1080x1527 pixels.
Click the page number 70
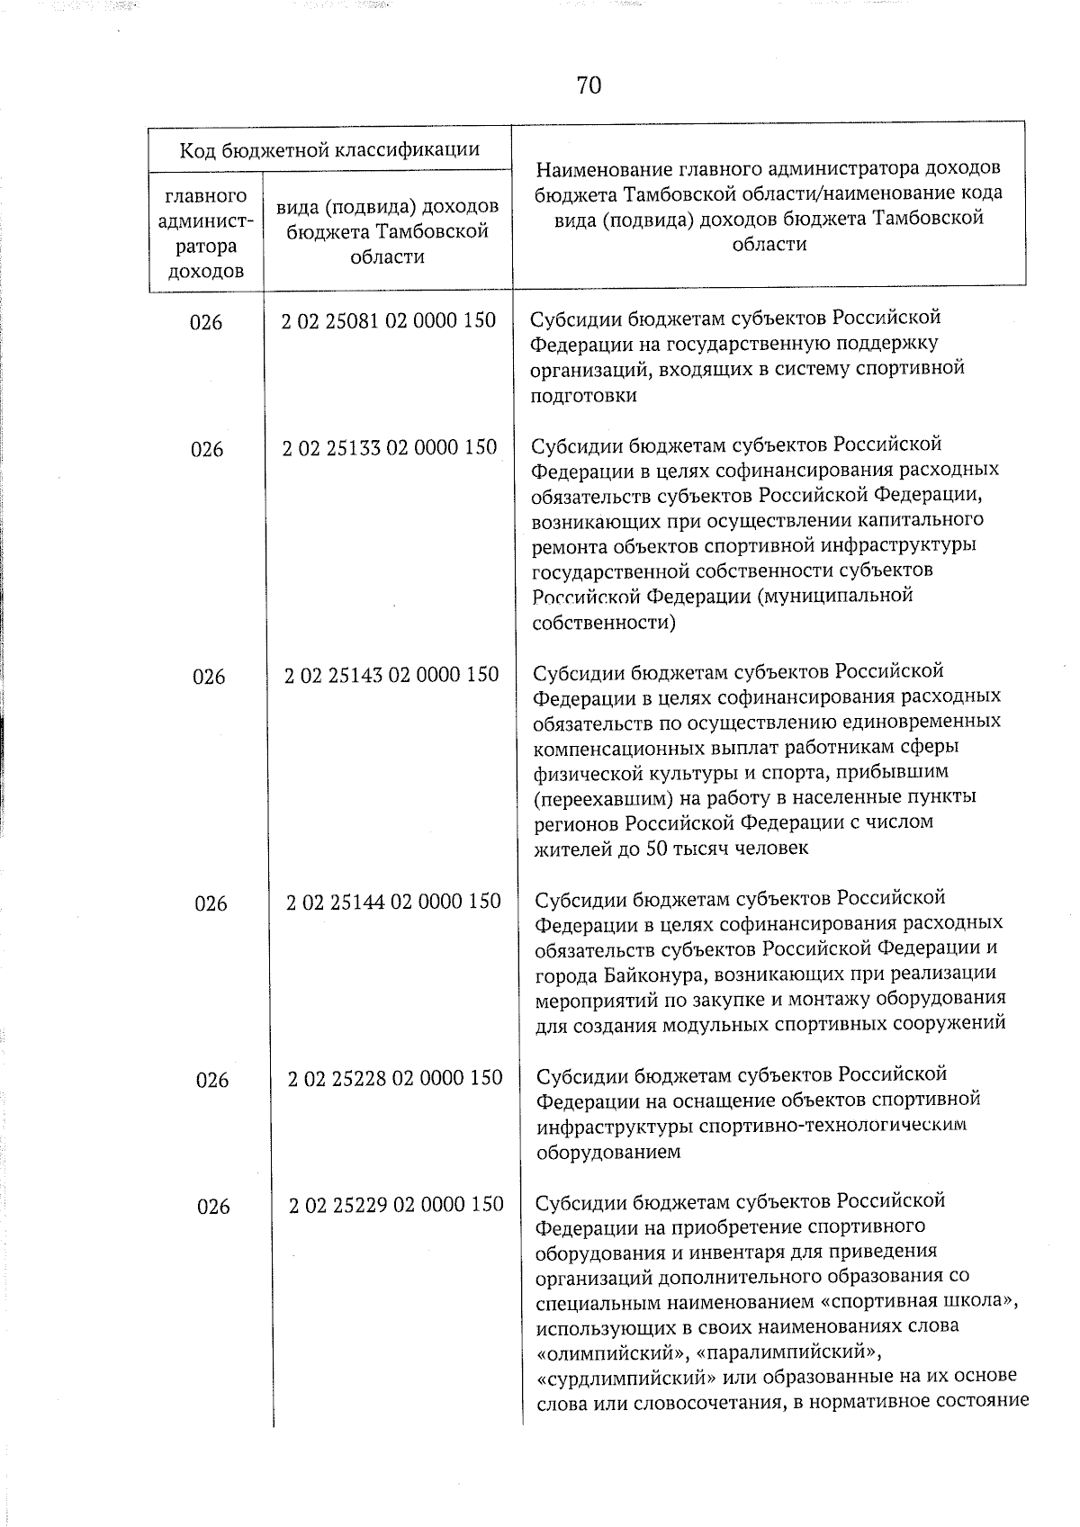point(589,85)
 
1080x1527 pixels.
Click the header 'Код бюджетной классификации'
point(329,149)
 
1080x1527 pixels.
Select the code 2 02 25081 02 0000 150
point(388,321)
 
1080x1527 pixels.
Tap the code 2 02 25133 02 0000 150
point(389,447)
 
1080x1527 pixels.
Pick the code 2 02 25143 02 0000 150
point(391,674)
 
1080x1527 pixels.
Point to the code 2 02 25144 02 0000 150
point(393,901)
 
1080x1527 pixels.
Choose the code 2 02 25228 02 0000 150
point(395,1077)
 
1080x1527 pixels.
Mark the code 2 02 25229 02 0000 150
point(396,1204)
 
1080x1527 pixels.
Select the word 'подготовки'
point(584,395)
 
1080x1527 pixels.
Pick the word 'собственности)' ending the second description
point(604,622)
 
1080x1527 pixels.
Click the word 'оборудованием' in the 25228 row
point(609,1151)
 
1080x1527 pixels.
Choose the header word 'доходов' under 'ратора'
point(206,271)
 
